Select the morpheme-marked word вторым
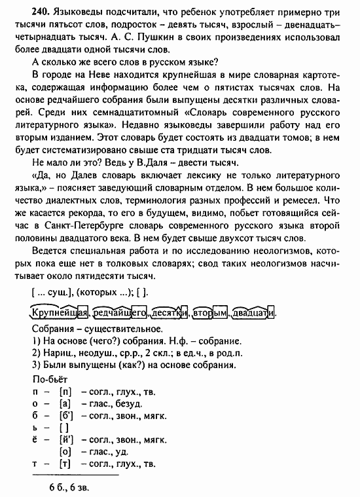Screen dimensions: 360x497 pos(209,313)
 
